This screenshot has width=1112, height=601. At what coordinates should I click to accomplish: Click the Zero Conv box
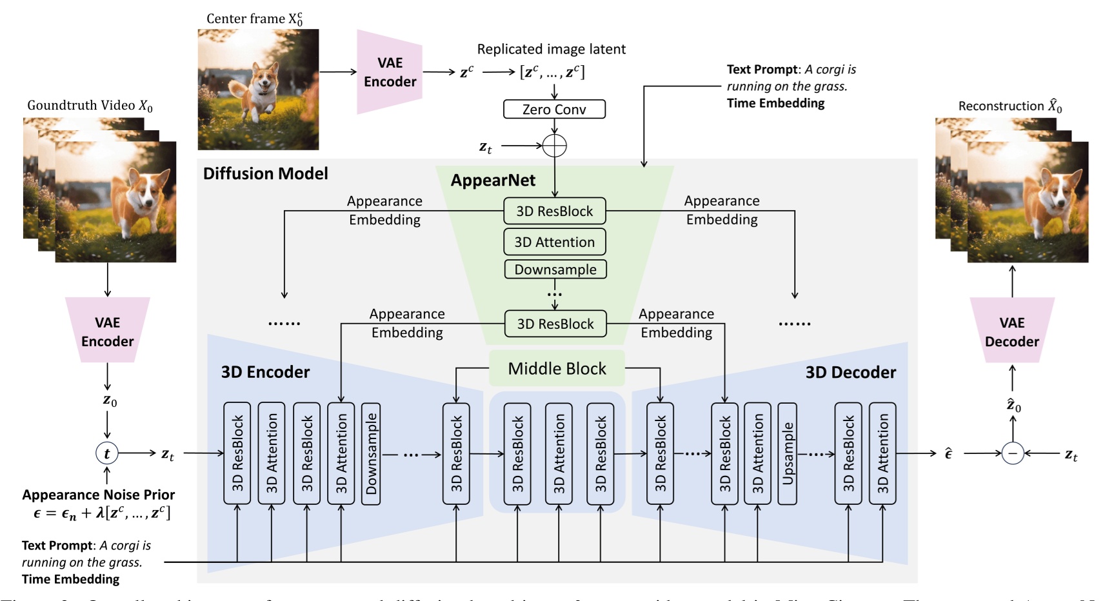[554, 110]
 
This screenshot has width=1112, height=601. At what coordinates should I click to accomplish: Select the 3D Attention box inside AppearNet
[554, 242]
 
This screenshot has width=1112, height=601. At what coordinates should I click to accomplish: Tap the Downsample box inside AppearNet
[555, 270]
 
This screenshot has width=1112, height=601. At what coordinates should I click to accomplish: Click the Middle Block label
[557, 369]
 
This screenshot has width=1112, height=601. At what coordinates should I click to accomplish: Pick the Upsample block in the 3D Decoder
[788, 453]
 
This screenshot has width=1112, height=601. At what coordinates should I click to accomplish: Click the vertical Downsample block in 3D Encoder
[371, 453]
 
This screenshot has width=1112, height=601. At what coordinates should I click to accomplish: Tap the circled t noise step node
[107, 453]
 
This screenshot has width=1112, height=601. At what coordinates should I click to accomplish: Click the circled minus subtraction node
[1013, 454]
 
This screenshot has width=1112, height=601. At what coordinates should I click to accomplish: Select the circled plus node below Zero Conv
[554, 146]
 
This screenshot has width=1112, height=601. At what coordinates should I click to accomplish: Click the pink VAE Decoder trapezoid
[1011, 331]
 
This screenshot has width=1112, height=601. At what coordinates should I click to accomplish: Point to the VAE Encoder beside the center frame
[390, 72]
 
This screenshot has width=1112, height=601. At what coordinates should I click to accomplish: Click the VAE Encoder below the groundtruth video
[107, 331]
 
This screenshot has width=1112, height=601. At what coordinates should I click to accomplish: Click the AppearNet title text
[493, 181]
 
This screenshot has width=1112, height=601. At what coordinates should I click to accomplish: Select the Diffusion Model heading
[265, 173]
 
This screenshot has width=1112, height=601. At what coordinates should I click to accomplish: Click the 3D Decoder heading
[850, 372]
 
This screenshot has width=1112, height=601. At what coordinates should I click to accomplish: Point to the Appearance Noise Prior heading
[98, 495]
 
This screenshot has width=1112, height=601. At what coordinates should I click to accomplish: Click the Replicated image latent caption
[551, 49]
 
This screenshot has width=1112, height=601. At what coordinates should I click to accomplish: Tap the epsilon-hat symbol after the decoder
[948, 454]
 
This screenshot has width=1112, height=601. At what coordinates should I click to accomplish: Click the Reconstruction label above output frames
[1009, 106]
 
